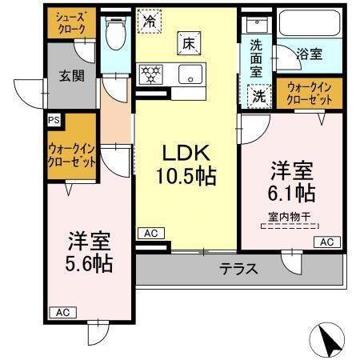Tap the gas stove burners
click(x=150, y=74)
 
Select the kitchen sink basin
click(x=191, y=74)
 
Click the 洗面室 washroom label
click(x=256, y=56)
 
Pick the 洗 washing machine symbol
click(x=258, y=94)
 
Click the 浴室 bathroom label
click(x=309, y=54)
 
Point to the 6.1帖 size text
click(x=290, y=192)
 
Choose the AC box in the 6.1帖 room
click(x=326, y=242)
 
